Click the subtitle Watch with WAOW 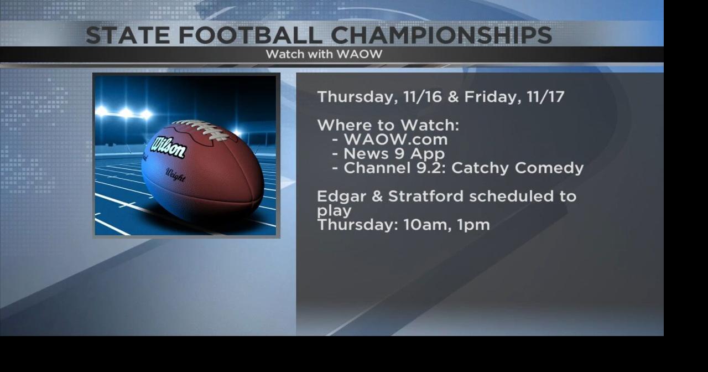pyautogui.click(x=324, y=54)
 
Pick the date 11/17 pyautogui.click(x=545, y=97)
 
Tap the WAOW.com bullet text pyautogui.click(x=395, y=139)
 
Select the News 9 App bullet pyautogui.click(x=394, y=153)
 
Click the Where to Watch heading pyautogui.click(x=388, y=125)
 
